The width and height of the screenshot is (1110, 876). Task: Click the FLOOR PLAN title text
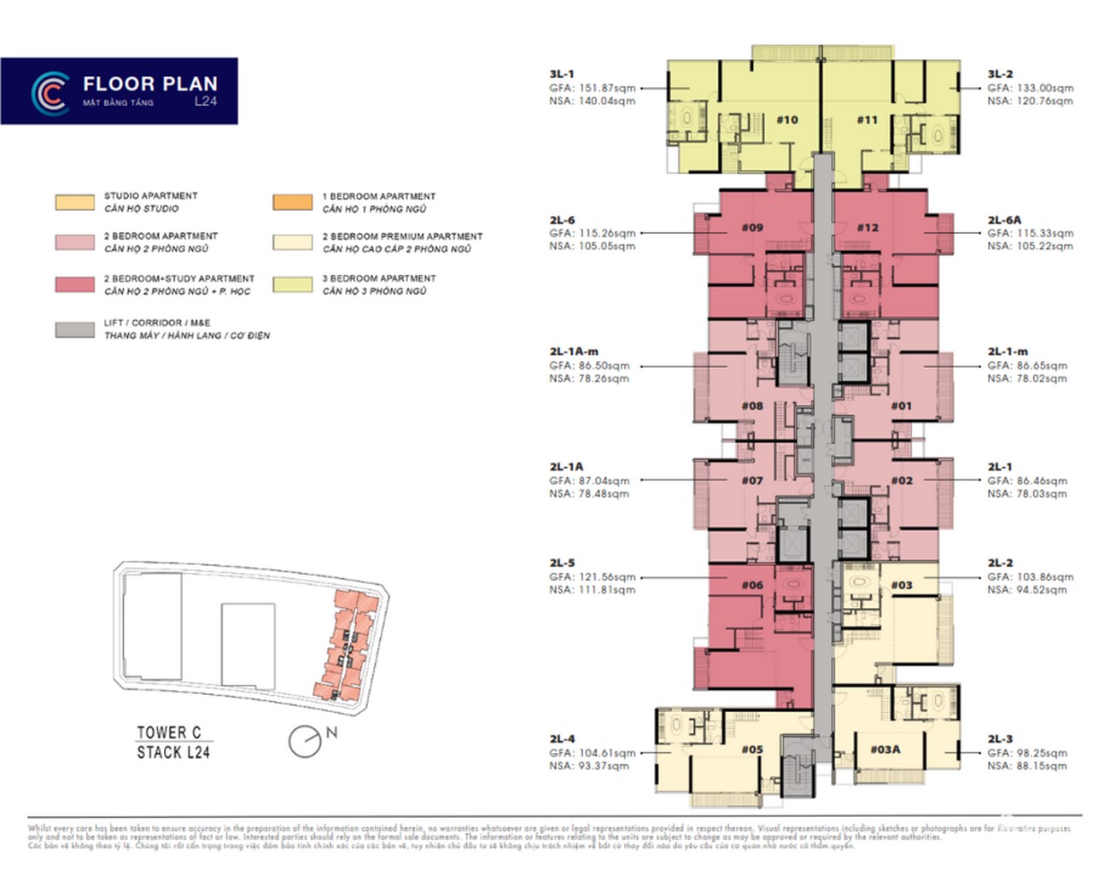click(150, 84)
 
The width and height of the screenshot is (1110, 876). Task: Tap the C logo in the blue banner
click(50, 93)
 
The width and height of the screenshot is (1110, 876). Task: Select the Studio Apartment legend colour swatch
click(75, 202)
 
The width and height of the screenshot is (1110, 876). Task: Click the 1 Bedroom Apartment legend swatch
click(293, 202)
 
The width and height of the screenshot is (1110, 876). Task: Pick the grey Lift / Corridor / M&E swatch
click(75, 330)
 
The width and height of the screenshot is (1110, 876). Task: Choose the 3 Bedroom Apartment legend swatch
click(293, 284)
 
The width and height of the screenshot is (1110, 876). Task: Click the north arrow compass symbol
click(305, 741)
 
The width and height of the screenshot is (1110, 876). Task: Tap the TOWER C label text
click(169, 733)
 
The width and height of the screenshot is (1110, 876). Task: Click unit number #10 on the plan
click(787, 120)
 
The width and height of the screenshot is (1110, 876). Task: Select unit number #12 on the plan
click(868, 227)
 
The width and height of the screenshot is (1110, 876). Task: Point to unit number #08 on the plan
click(752, 406)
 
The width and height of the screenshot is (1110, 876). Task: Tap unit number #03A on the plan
click(885, 750)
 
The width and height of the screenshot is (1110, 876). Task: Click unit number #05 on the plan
click(752, 750)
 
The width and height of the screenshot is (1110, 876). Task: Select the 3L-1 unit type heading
click(562, 74)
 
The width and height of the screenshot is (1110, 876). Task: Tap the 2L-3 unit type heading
click(1000, 739)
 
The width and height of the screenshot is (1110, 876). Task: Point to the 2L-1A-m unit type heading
click(574, 352)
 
